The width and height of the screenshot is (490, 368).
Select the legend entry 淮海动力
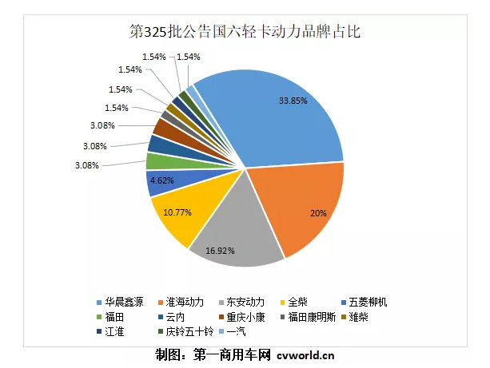[x=189, y=303]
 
